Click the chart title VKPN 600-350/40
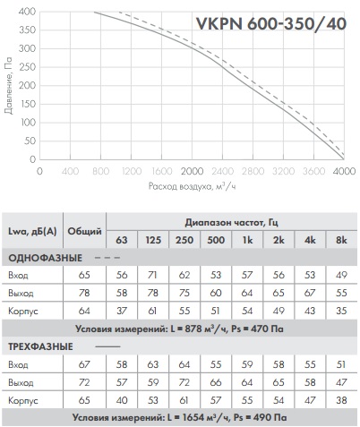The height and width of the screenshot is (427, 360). coord(270,24)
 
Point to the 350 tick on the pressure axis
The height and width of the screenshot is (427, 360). coord(27,30)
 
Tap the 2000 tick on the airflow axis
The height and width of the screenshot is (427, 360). coord(192,171)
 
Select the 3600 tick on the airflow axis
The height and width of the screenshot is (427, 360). coord(313,171)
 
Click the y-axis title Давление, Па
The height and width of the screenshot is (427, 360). coord(9,86)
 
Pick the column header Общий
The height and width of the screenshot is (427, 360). coord(84,231)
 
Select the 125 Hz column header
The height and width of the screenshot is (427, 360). coord(153,240)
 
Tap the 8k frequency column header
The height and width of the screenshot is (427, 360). coord(341,240)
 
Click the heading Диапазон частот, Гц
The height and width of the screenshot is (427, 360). coord(232,223)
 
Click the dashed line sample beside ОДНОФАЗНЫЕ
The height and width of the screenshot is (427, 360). coord(107,258)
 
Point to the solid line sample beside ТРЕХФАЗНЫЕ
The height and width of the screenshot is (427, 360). coord(107,346)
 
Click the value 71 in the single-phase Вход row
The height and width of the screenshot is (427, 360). coord(152,275)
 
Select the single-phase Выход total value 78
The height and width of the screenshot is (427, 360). coord(84,293)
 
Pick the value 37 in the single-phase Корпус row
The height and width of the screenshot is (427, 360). coord(122,311)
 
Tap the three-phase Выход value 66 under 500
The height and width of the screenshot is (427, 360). coord(216,382)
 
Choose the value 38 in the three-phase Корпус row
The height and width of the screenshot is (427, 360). coord(341,400)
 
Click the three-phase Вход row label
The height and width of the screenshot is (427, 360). coord(18,364)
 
